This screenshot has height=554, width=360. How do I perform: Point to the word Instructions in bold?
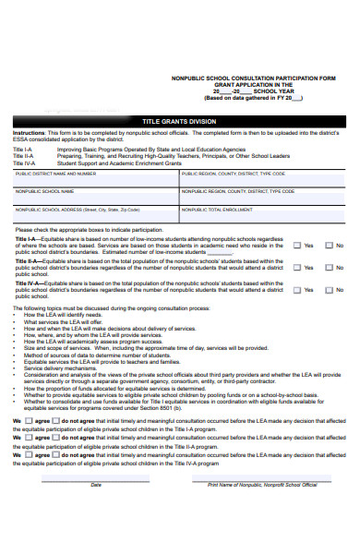click(29, 133)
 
